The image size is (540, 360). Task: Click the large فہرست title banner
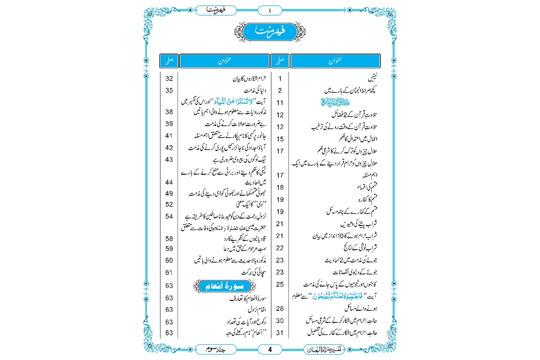coord(270,31)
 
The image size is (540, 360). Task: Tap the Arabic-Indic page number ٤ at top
coord(270,10)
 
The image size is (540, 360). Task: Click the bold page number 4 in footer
coord(270,349)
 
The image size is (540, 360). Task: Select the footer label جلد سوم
coord(216,349)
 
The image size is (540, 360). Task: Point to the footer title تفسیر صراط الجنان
coord(324,349)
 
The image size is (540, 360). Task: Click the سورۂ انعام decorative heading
coord(225,286)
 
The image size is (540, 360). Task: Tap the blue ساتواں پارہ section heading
coord(335,102)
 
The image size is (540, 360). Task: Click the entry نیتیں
coord(372,78)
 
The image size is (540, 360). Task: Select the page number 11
coord(280,103)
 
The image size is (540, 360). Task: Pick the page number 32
coord(169,78)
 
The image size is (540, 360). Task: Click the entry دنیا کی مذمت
coord(255,90)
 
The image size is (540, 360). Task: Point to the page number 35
coord(169,90)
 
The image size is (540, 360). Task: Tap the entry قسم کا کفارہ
coord(368,199)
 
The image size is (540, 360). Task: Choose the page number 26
coord(280,309)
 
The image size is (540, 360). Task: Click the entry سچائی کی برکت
coord(253,273)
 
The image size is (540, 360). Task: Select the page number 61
coord(169,273)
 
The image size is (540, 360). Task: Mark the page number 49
coord(169,194)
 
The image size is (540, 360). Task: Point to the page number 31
coord(280,333)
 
